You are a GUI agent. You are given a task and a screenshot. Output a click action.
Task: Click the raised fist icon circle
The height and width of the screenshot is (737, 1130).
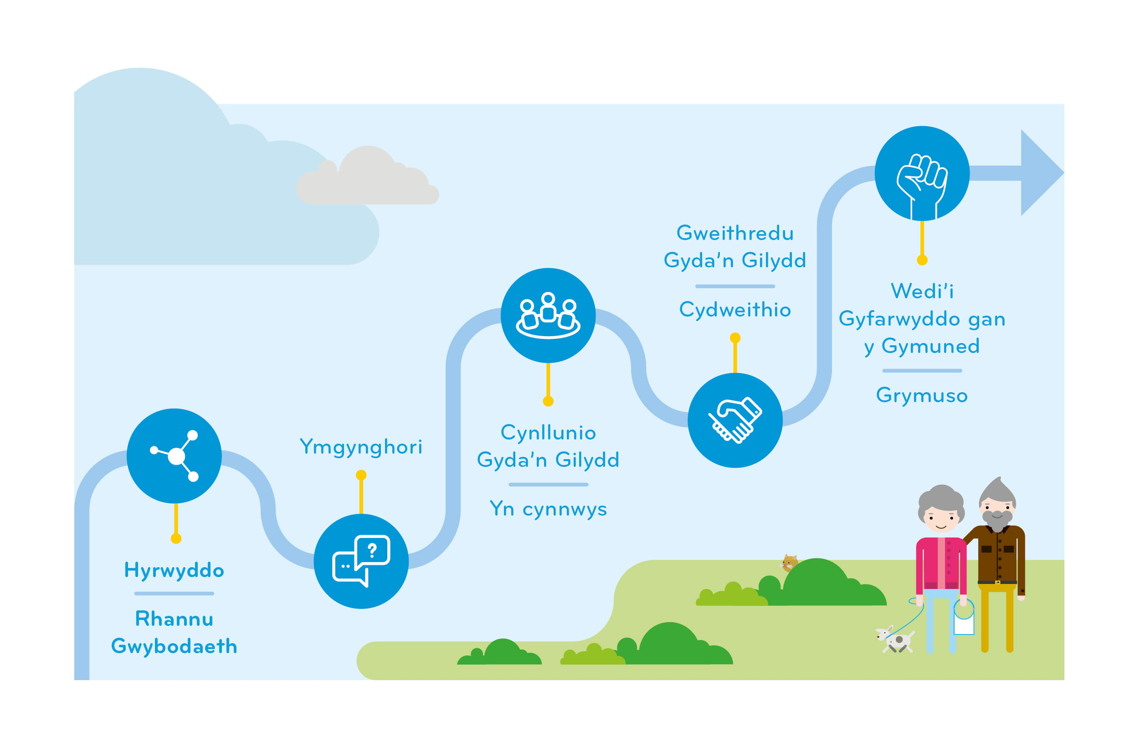coord(922,173)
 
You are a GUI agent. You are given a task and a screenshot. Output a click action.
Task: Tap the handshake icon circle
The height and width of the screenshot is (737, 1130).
coord(735,420)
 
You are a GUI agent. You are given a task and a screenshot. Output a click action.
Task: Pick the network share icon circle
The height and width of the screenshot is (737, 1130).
coord(174,456)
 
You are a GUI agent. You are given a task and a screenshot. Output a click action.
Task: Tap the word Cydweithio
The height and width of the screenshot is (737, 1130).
coord(735,310)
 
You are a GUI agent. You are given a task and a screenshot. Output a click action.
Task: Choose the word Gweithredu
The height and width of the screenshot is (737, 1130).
coord(735,233)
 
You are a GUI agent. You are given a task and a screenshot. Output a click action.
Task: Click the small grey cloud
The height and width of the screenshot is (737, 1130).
coord(367,176)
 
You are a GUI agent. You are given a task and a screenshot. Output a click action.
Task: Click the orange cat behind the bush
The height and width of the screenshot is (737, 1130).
coord(789,563)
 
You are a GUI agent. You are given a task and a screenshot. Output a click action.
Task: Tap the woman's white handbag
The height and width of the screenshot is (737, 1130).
coord(964,621)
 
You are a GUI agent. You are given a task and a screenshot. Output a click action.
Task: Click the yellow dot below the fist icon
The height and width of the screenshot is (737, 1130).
coord(922,260)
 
